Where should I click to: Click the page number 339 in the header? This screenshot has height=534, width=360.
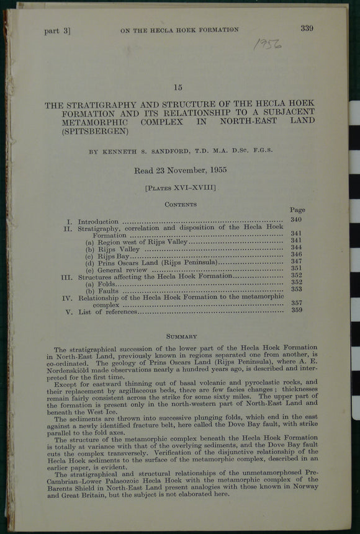coord(307,27)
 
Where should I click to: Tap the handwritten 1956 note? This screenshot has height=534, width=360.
coord(268,45)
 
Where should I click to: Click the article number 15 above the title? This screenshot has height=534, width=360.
coord(178,87)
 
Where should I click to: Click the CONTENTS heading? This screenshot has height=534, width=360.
coord(180,204)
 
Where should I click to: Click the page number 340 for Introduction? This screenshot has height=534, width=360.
coord(296,220)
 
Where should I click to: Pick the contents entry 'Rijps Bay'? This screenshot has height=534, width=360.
coord(112,255)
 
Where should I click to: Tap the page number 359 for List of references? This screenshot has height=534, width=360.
coord(296,310)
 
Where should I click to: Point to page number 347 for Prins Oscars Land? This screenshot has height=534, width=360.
coord(296,262)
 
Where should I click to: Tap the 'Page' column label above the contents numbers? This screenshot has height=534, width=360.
coord(297,210)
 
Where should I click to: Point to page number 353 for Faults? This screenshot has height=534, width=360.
coord(296,288)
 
